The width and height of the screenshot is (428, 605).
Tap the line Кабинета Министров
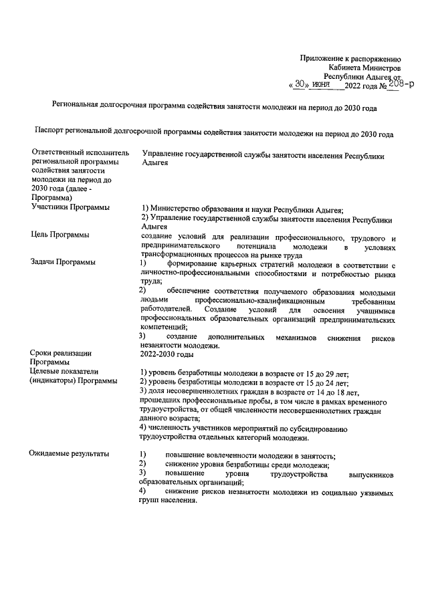[x=364, y=68]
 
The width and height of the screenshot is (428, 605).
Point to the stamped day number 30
[x=299, y=85]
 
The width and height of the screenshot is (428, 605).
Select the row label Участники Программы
[x=70, y=208]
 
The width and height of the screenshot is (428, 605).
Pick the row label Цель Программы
[x=61, y=235]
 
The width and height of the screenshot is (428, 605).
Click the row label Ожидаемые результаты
[x=69, y=455]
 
